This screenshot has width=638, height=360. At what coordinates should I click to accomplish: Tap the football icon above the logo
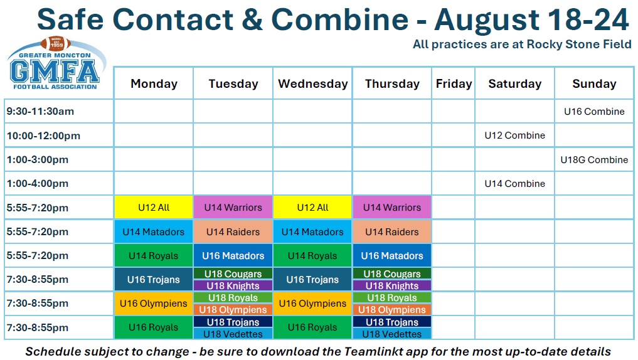click(56, 43)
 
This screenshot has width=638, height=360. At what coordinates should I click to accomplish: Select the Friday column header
click(454, 83)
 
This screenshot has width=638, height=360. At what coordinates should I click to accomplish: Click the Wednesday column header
click(313, 83)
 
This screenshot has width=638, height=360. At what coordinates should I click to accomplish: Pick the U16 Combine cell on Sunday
click(594, 112)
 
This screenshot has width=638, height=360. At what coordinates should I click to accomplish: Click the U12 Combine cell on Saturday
click(514, 135)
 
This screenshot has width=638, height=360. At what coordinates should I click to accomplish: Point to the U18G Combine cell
click(594, 159)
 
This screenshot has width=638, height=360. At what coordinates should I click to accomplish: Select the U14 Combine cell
click(514, 184)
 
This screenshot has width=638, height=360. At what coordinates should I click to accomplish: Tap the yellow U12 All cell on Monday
click(154, 208)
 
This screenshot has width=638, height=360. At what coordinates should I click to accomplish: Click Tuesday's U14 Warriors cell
click(233, 208)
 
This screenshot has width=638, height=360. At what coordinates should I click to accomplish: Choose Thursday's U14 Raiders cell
click(392, 231)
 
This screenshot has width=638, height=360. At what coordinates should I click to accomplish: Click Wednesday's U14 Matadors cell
click(312, 231)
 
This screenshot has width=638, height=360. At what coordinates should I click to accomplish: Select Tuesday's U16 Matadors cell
click(233, 255)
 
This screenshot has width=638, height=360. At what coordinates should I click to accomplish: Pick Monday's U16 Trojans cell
click(154, 280)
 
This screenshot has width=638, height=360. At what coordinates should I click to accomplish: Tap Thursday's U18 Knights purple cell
click(392, 285)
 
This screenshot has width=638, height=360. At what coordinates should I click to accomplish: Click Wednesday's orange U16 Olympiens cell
click(312, 304)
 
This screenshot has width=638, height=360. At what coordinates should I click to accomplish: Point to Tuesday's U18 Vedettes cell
click(233, 334)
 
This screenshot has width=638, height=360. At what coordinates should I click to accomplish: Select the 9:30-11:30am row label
click(40, 112)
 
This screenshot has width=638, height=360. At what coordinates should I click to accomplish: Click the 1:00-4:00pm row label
click(38, 184)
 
